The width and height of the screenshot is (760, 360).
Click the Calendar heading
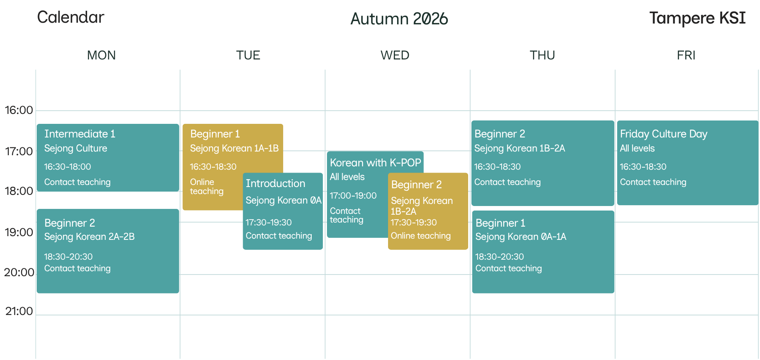71,17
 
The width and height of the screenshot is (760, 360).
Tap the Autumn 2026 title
399,19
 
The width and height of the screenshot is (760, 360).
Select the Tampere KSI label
697,18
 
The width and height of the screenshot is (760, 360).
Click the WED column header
395,55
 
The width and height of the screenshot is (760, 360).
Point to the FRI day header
686,55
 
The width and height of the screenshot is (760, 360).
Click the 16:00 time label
19,110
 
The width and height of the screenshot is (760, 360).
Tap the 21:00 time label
19,311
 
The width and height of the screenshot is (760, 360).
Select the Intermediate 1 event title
80,134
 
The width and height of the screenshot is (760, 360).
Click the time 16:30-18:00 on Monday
68,167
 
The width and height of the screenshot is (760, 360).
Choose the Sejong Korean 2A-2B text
90,237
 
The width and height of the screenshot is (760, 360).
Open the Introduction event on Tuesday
275,183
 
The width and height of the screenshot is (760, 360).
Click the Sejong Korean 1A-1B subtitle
234,148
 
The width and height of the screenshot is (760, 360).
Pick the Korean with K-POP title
375,163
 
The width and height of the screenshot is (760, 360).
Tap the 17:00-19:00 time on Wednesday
353,196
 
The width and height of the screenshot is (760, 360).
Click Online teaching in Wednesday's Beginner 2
421,236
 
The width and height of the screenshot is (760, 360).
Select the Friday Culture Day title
664,134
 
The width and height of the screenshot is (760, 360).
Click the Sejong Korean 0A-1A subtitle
521,237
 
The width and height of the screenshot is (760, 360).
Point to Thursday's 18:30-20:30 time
500,257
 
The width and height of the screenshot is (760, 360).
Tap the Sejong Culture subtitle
76,148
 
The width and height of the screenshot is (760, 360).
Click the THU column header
542,55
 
